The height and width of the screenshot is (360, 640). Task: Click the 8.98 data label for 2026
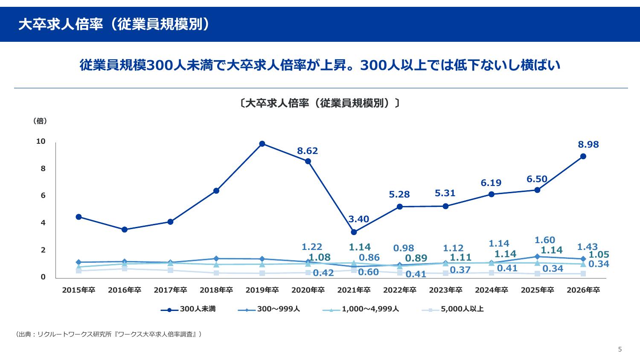(x=588, y=145)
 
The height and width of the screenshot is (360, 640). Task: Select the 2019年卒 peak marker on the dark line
(x=262, y=144)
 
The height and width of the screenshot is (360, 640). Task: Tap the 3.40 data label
(x=358, y=219)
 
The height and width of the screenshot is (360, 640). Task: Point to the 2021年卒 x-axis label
(x=354, y=290)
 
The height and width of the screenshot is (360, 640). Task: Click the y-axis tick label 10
(x=41, y=142)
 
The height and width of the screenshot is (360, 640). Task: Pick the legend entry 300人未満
(x=189, y=309)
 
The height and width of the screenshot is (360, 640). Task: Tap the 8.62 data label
(x=308, y=151)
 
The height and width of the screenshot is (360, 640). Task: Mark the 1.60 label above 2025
(x=545, y=240)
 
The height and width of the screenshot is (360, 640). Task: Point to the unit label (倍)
(x=40, y=121)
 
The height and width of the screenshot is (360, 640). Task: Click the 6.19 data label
(x=491, y=183)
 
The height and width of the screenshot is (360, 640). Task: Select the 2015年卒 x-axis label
(x=79, y=290)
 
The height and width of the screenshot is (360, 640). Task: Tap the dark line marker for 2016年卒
(x=125, y=229)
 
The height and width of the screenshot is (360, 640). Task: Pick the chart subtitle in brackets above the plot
(x=320, y=103)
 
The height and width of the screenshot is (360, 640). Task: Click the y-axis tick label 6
(x=43, y=196)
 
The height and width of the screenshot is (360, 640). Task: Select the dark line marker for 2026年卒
(x=583, y=157)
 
